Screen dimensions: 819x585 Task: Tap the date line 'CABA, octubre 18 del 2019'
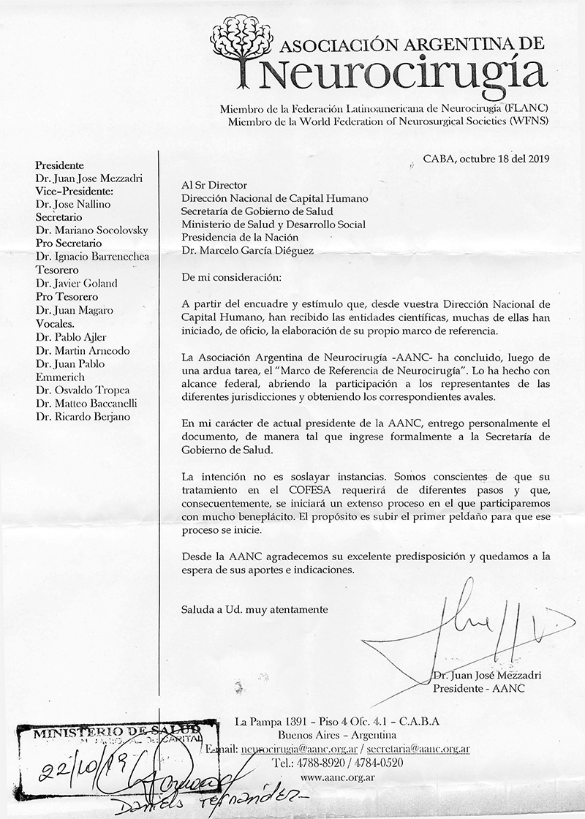[x=486, y=158]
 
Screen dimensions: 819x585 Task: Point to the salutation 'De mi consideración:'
[x=229, y=277]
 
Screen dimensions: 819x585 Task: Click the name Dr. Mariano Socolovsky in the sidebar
[x=91, y=230]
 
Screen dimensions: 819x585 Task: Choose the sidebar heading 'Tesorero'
[x=58, y=270]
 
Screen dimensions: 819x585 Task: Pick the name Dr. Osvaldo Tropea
[x=81, y=390]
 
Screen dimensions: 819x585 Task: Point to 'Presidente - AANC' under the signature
[x=479, y=689]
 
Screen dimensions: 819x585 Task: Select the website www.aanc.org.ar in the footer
[x=338, y=777]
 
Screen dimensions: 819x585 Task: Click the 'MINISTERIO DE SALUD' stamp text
[x=113, y=731]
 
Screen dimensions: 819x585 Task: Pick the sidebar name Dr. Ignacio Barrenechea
[x=91, y=257]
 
